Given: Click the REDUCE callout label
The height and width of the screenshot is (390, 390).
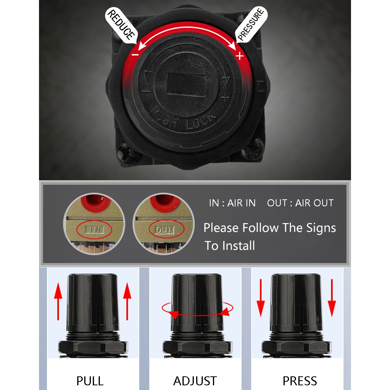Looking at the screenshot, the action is (x=121, y=25).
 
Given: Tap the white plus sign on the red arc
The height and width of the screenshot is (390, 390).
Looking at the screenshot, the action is (x=239, y=56).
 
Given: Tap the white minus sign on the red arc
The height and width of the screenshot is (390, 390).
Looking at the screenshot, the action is (x=135, y=55).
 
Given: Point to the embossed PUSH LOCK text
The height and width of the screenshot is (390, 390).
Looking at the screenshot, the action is (x=183, y=119).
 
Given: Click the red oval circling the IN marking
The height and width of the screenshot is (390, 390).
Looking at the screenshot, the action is (x=94, y=229).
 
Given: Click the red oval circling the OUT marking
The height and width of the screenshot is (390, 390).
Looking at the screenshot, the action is (x=167, y=229).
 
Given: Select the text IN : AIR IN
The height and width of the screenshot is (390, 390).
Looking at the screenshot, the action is (x=232, y=203).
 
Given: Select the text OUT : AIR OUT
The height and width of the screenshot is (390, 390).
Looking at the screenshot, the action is (x=300, y=203).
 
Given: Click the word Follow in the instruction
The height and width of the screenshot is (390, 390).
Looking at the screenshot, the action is (x=261, y=228).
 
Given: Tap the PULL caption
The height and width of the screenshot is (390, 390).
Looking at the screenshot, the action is (x=90, y=381).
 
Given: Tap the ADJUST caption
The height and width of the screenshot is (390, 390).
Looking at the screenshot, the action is (x=195, y=381).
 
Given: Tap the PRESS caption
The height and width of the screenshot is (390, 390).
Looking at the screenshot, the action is (x=300, y=381).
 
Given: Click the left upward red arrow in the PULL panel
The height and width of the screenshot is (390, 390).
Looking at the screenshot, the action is (x=58, y=301).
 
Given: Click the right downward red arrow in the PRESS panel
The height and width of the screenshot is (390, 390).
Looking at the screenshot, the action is (x=332, y=298).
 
